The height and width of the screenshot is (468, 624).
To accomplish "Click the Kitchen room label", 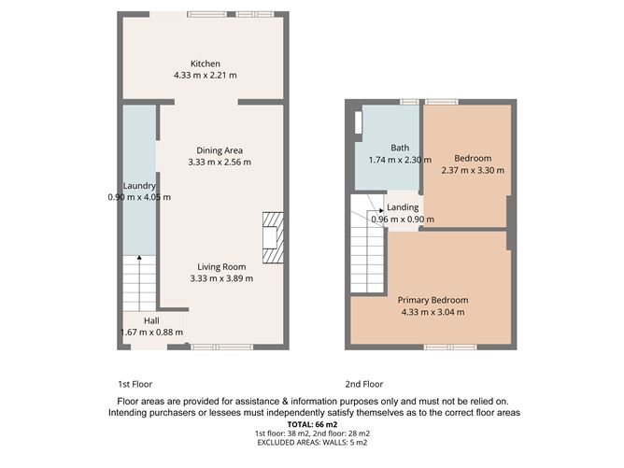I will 205,64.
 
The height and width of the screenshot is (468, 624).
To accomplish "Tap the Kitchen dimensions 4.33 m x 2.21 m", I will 205,75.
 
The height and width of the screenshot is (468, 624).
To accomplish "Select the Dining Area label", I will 220,150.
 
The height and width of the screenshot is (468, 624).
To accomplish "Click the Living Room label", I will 220,266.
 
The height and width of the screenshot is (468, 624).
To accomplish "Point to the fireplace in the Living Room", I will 272,234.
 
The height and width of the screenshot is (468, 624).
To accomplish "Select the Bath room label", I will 400,148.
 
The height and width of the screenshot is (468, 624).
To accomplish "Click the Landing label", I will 403,207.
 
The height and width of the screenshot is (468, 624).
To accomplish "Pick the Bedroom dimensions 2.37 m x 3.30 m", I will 473,170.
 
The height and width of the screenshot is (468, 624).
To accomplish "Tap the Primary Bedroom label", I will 433,300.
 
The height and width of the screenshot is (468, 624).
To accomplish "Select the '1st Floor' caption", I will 135,384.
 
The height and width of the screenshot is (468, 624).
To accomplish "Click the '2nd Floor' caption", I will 365,384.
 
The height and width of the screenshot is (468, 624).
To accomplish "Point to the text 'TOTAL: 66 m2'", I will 313,424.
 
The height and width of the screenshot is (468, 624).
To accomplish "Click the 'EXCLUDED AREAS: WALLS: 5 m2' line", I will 313,444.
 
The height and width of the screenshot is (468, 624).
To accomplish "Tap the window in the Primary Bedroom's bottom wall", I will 436,347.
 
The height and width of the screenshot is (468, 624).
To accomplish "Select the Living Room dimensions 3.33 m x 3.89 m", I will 220,277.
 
